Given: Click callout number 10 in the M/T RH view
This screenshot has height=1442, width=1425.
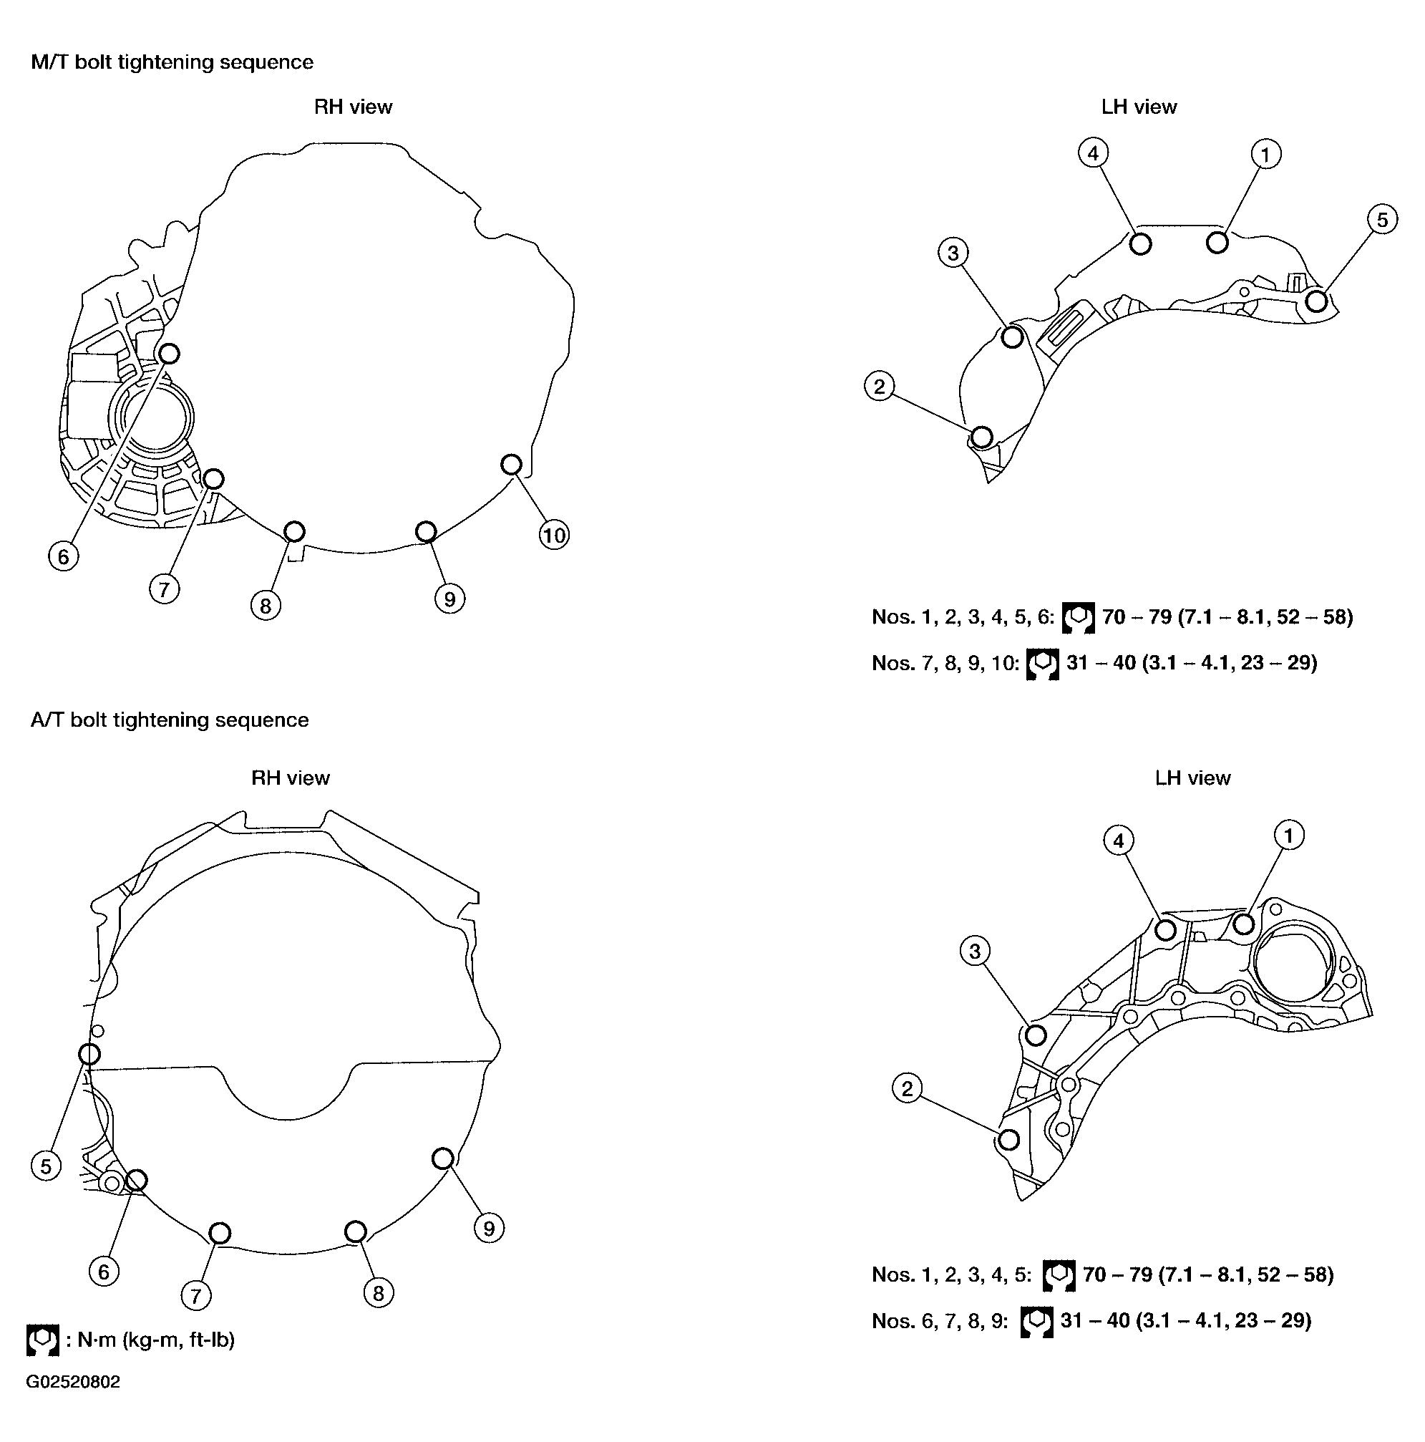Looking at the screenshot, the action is tap(553, 535).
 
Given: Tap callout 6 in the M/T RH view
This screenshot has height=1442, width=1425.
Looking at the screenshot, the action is tap(64, 556).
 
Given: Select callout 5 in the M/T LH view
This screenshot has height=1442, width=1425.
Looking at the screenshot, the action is tap(1382, 219).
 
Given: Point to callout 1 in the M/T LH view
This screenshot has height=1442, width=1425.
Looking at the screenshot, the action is tap(1265, 155).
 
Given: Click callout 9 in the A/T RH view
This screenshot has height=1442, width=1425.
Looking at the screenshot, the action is tap(489, 1228).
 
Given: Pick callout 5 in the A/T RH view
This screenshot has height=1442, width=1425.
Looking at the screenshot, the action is tap(47, 1166).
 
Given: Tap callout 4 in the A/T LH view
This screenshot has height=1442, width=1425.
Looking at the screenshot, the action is tap(1119, 841).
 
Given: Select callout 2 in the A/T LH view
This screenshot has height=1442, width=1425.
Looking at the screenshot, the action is tap(908, 1088).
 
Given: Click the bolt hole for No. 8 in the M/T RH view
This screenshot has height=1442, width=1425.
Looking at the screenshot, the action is tap(295, 531).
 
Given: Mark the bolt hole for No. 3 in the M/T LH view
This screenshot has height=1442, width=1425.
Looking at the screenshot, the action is tap(1013, 337).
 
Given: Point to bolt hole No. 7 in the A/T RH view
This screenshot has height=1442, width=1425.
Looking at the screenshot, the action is tap(220, 1233).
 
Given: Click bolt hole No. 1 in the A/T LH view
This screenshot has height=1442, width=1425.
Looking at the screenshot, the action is tap(1244, 924).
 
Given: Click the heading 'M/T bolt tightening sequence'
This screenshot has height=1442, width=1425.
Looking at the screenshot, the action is tap(172, 62).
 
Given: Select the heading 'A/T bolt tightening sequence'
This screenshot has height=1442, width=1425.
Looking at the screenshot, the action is tap(170, 720).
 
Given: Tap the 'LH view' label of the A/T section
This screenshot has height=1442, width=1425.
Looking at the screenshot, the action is tap(1192, 778).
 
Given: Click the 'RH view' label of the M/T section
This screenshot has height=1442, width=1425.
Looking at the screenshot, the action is tap(353, 107).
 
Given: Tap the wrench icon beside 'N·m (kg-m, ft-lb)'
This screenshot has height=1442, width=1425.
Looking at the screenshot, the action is tap(42, 1340).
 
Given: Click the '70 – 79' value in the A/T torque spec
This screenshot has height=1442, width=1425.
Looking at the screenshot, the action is tap(1117, 1274).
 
